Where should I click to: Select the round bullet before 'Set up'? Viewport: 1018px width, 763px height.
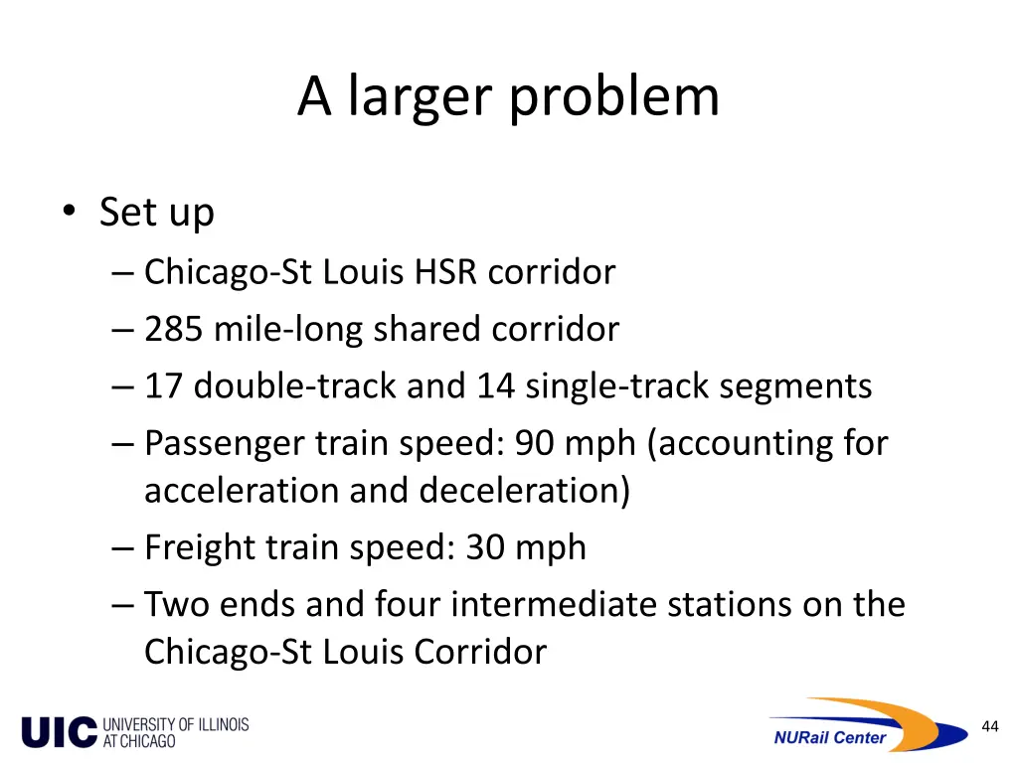[x=69, y=212]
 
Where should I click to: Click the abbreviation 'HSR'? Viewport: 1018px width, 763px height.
[x=446, y=271]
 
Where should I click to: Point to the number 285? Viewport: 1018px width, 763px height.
[x=175, y=329]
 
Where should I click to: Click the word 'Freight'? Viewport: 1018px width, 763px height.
[x=200, y=547]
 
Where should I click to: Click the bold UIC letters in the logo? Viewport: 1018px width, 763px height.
[x=60, y=732]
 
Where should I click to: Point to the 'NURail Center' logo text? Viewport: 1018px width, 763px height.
[x=829, y=737]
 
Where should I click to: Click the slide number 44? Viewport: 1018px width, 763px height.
[x=989, y=726]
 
